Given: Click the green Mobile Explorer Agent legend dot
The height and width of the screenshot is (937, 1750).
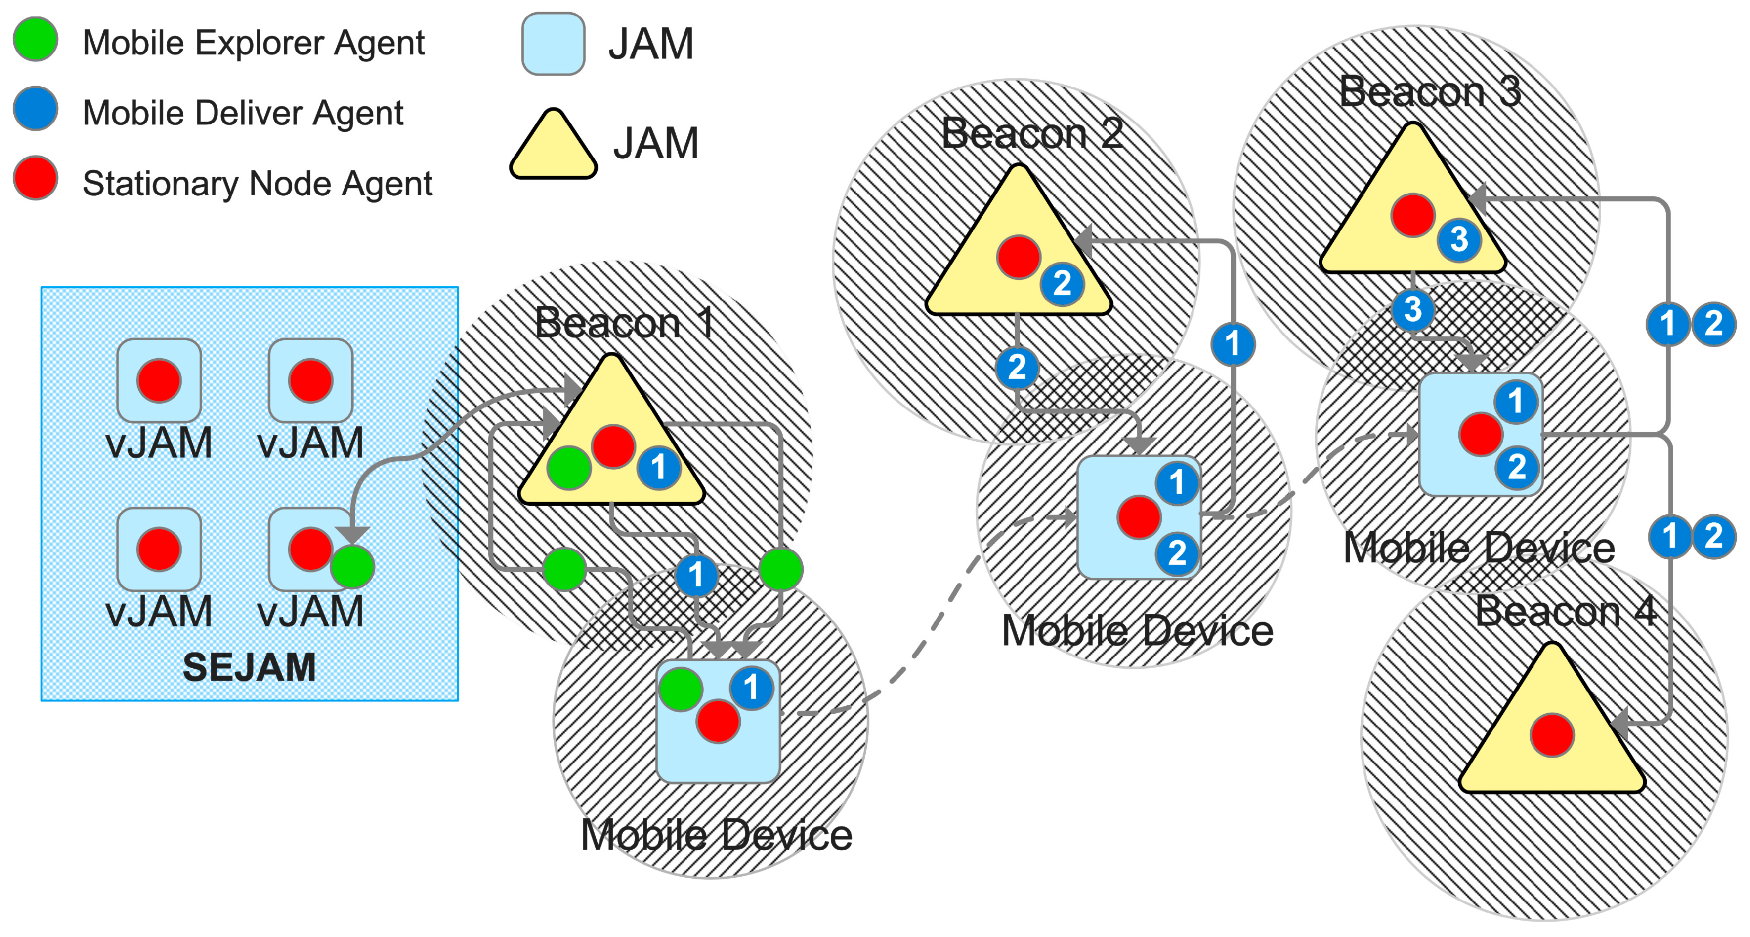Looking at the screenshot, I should click(x=35, y=39).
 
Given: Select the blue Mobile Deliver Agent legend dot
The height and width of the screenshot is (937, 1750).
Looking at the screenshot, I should click(x=35, y=108).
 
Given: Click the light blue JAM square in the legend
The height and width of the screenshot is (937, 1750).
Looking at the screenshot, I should click(x=553, y=44).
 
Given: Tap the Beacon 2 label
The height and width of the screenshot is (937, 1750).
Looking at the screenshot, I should click(x=1031, y=133).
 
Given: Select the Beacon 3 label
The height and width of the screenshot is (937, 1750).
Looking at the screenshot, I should click(x=1430, y=91).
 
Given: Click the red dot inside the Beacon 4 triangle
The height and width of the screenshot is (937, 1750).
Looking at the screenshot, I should click(x=1551, y=735).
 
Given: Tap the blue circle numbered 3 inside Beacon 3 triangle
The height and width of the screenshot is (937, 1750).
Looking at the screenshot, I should click(x=1459, y=240).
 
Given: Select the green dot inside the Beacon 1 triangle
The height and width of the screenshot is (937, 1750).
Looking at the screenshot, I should click(x=569, y=468).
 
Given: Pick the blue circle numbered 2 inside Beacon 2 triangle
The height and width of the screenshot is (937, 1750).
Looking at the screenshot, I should click(x=1062, y=284).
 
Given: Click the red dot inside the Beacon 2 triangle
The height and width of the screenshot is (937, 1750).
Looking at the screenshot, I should click(x=1018, y=257).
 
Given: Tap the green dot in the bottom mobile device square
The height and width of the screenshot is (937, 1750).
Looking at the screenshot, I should click(x=680, y=689).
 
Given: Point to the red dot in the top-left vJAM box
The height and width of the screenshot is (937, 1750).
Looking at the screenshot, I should click(x=159, y=381).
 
